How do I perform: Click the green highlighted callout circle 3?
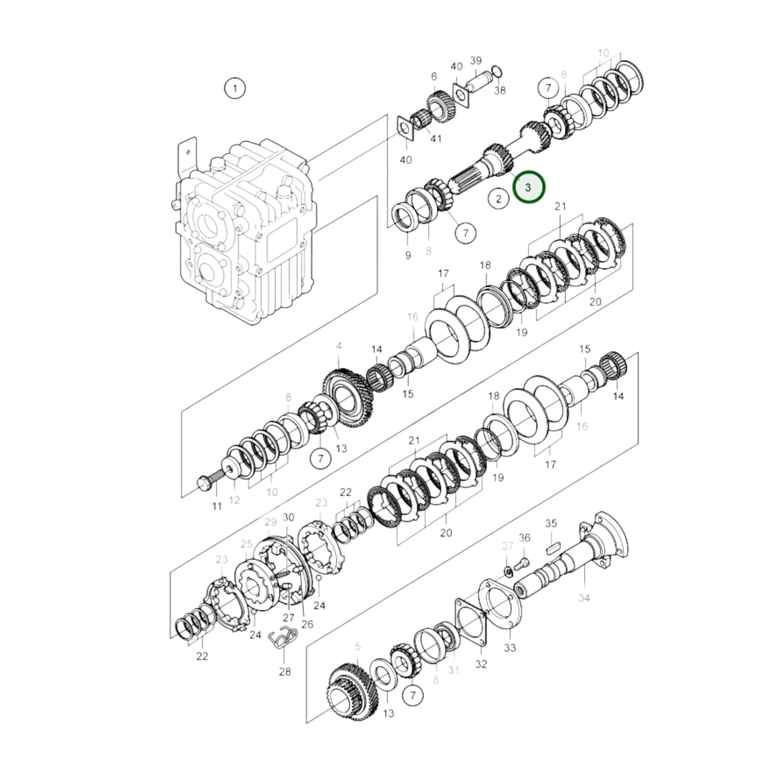(529, 187)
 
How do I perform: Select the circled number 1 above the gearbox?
(235, 88)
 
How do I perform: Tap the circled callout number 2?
(498, 199)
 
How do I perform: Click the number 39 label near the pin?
(475, 61)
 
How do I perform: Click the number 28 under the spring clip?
(284, 671)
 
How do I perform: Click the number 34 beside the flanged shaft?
(584, 597)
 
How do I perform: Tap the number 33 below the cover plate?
(510, 648)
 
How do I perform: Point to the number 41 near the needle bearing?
(435, 139)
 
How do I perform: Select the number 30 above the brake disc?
(288, 518)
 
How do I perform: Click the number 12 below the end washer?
(234, 500)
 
